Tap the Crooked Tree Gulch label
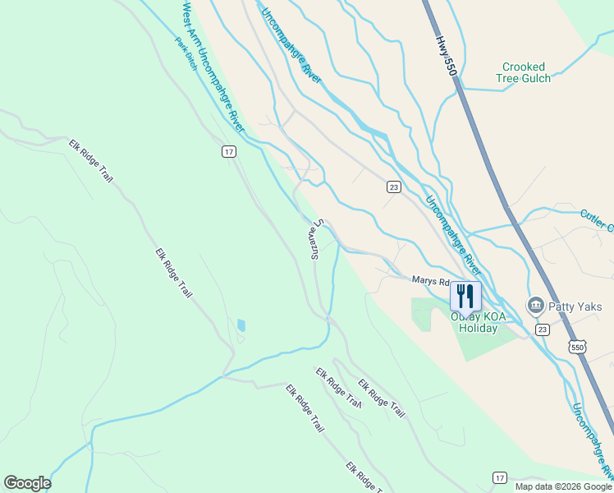coord(523,72)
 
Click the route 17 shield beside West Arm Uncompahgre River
coord(229,151)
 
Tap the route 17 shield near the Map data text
coord(500,477)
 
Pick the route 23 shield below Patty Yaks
coord(542,329)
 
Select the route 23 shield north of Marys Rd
coord(394,187)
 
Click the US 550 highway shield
coord(578,348)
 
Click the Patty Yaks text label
coord(575,306)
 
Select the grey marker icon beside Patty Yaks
coord(536,306)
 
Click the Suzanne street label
coord(315,239)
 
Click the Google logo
coord(27,483)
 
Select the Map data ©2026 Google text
coord(564,486)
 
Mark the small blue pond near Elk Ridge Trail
coord(241,325)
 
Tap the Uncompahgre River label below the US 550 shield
coord(592,440)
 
